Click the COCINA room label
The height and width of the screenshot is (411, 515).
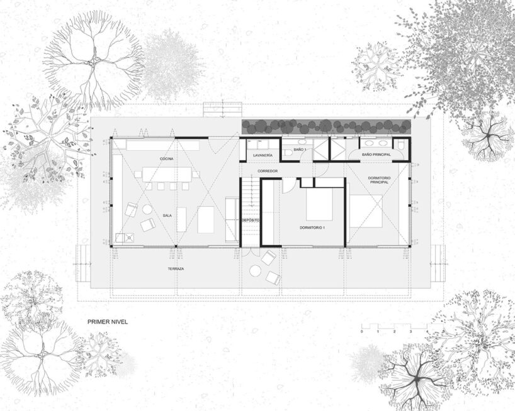point(166,158)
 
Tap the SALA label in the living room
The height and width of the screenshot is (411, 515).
point(167,215)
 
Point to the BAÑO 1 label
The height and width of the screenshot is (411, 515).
point(300,149)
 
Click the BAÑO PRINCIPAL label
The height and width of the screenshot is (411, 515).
point(376,155)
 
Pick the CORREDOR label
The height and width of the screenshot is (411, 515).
point(268,171)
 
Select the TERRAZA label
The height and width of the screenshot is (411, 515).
point(176,268)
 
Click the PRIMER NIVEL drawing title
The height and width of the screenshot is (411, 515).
point(108,321)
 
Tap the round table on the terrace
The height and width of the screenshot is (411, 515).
point(256,271)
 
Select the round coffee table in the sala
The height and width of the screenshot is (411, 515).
point(146,209)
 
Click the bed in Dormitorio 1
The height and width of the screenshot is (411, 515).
point(319,204)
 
